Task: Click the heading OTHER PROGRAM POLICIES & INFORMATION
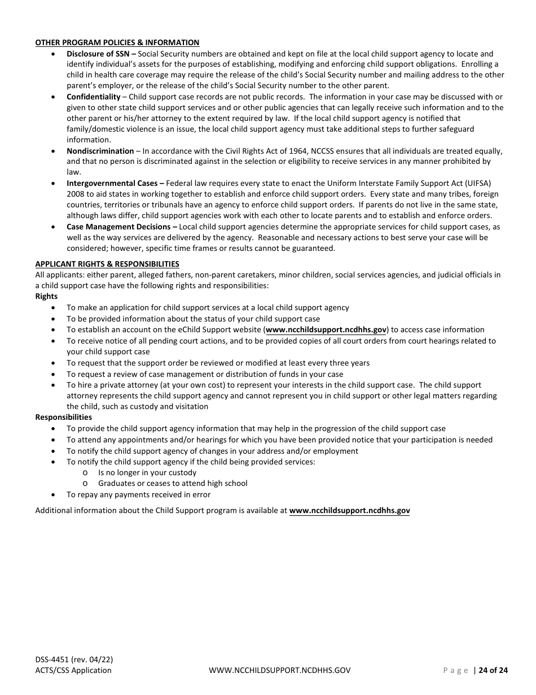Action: click(117, 42)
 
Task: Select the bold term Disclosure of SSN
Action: click(98, 54)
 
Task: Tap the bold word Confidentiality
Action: click(94, 97)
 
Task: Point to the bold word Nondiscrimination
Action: click(100, 151)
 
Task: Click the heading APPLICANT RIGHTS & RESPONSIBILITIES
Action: click(107, 264)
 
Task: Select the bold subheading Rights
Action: click(46, 296)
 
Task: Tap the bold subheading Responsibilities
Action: click(63, 417)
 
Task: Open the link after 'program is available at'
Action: click(349, 510)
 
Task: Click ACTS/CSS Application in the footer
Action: click(73, 670)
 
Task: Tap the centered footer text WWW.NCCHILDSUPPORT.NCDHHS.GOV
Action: click(279, 670)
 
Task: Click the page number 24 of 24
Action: click(493, 670)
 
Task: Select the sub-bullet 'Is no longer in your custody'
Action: click(147, 472)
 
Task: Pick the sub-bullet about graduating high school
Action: click(173, 483)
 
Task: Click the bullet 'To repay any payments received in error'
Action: click(138, 494)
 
